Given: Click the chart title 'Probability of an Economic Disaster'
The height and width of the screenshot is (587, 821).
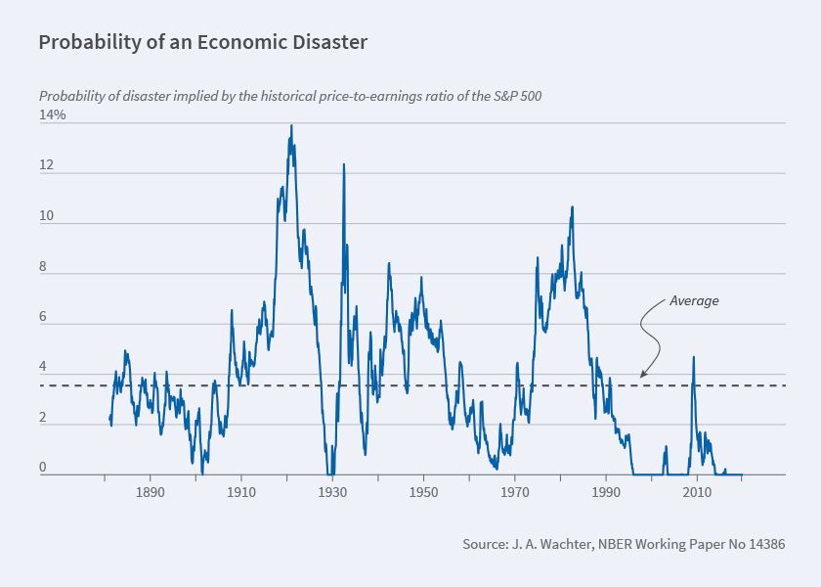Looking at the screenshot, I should (202, 43).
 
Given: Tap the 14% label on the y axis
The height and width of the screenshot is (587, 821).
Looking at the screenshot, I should (53, 114).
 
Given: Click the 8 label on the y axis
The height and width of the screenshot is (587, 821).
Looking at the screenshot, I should (43, 268).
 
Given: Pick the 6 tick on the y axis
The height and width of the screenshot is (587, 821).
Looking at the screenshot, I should (43, 318).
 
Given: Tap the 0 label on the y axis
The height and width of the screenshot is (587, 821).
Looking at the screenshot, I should (43, 468).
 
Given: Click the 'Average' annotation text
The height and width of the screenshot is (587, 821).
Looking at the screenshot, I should (694, 300).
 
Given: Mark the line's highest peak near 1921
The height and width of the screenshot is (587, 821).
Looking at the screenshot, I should (290, 126).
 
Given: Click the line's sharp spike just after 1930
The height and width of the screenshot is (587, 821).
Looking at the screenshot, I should (343, 164).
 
